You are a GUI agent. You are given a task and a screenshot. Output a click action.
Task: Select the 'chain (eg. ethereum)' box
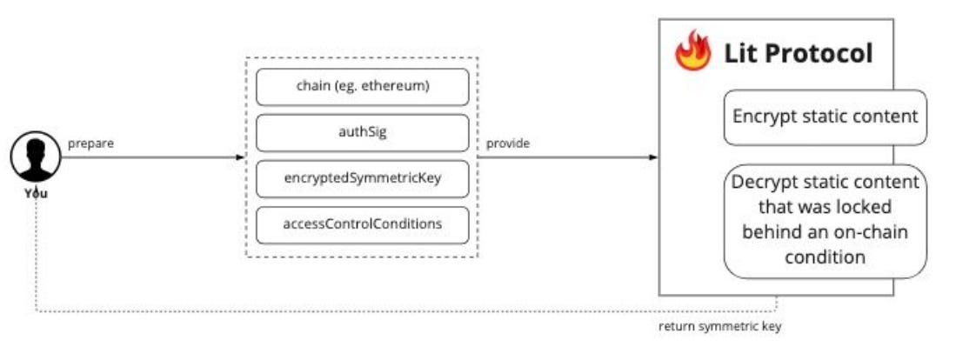point(362,86)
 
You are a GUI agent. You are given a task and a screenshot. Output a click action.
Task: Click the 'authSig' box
point(362,132)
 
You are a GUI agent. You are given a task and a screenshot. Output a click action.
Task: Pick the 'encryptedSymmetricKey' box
point(362,178)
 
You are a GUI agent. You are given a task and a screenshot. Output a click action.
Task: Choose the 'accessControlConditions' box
point(362,224)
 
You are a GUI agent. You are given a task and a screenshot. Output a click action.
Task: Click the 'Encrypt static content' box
point(825,117)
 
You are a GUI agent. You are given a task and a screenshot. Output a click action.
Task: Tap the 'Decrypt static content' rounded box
point(825,220)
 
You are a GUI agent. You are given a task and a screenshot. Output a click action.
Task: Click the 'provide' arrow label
point(507,143)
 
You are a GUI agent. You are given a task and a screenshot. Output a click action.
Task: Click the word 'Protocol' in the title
point(820,54)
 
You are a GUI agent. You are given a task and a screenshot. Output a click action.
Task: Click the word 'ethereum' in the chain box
point(399,86)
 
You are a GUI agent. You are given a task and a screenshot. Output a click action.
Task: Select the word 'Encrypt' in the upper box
point(762,117)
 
